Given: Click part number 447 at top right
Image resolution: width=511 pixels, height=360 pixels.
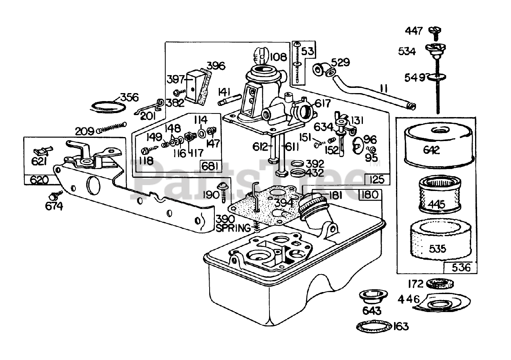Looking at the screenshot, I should click(414, 31).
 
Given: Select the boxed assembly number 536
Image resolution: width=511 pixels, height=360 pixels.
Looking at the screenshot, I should click(461, 267).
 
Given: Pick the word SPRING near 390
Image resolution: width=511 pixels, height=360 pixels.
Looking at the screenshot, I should click(233, 228).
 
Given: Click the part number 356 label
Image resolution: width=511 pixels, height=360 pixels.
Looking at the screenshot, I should click(129, 97).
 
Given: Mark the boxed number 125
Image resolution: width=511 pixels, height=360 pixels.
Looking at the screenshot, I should click(377, 179).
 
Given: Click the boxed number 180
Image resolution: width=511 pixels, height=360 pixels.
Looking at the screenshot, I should click(370, 195).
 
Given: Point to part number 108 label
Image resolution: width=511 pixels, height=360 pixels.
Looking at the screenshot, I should click(278, 57).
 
